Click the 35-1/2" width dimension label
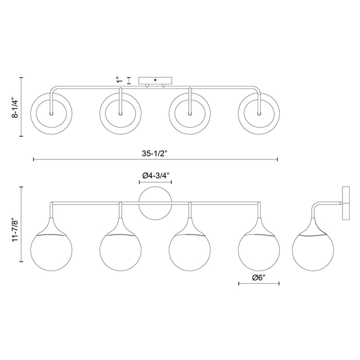(155, 153)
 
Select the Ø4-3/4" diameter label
(155, 175)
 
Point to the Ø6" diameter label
(259, 277)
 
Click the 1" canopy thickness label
(120, 80)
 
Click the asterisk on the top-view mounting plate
(155, 80)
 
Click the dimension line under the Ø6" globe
(259, 284)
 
